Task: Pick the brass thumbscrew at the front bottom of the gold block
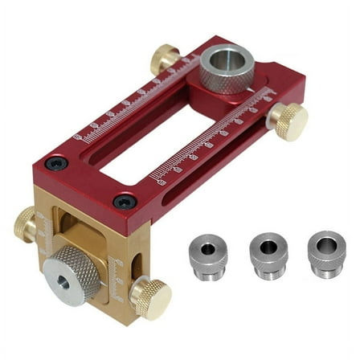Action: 151,297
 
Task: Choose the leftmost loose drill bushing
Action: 207,255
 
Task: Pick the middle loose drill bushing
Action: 267,255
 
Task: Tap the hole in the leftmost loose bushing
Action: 207,247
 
